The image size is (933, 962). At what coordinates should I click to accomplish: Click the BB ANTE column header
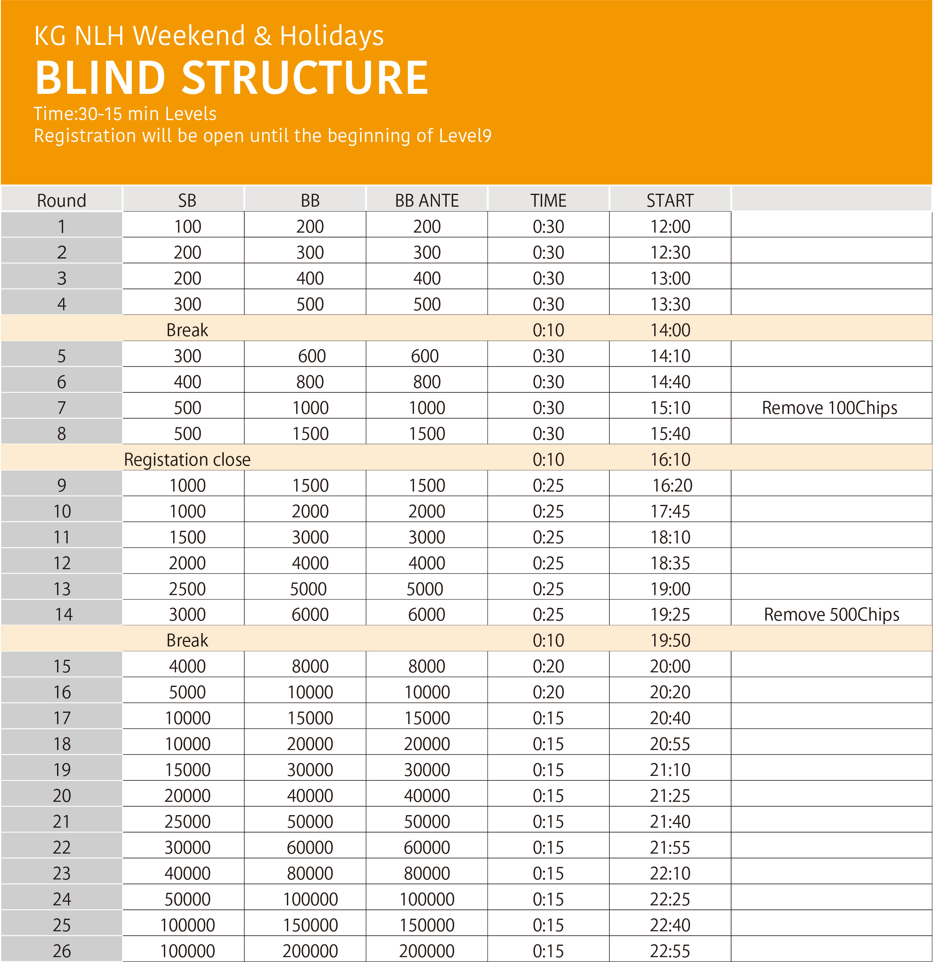point(426,200)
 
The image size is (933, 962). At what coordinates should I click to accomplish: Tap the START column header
point(670,200)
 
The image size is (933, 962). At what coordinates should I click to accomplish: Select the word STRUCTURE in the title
point(305,78)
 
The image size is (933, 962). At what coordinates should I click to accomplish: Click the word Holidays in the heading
point(331,36)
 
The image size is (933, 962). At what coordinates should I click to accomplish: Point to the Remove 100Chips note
point(829,408)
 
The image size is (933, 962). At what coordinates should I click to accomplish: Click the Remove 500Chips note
point(831,614)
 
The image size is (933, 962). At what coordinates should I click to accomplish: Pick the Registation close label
point(187,460)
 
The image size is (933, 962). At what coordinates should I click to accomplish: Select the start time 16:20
point(672,485)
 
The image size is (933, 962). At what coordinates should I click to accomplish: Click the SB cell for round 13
point(187,589)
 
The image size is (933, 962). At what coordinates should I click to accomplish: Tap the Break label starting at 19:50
point(187,640)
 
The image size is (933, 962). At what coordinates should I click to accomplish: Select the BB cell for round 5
point(312,356)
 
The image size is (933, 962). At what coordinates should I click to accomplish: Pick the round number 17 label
point(62,718)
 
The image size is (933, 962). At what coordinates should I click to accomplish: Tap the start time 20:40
point(670,718)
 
